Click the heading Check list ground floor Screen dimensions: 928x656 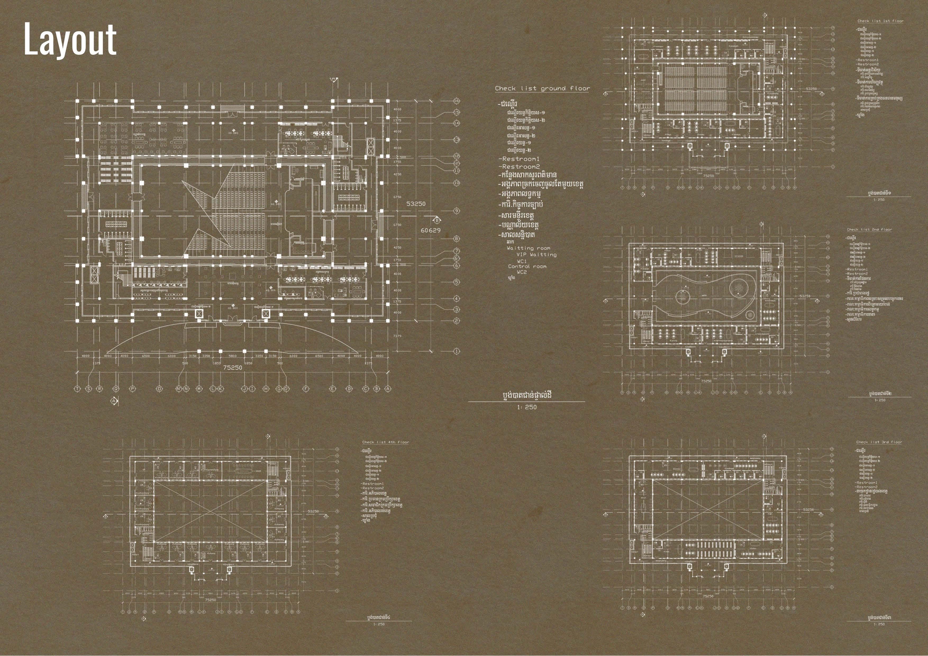(542, 88)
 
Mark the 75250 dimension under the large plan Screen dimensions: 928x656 (233, 368)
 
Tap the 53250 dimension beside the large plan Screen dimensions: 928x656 (416, 204)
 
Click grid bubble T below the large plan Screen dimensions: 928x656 (77, 389)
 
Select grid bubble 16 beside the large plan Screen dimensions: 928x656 (457, 101)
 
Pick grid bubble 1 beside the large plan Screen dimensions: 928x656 (457, 351)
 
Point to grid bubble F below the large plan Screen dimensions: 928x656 (306, 389)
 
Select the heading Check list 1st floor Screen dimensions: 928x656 (880, 21)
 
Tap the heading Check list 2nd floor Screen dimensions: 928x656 (869, 230)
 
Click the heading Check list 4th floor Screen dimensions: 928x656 (385, 442)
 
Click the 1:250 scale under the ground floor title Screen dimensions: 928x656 (527, 407)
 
